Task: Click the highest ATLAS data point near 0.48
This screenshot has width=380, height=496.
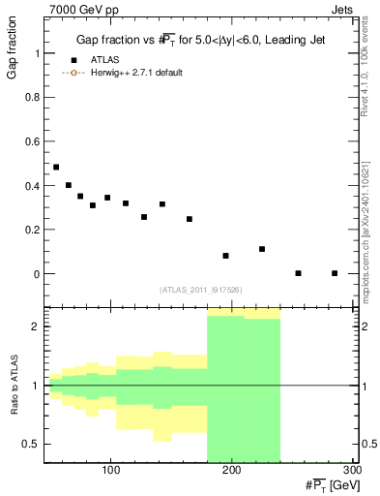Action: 56,167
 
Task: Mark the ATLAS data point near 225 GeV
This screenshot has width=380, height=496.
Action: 262,249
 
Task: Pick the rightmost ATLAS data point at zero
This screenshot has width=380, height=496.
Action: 335,273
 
